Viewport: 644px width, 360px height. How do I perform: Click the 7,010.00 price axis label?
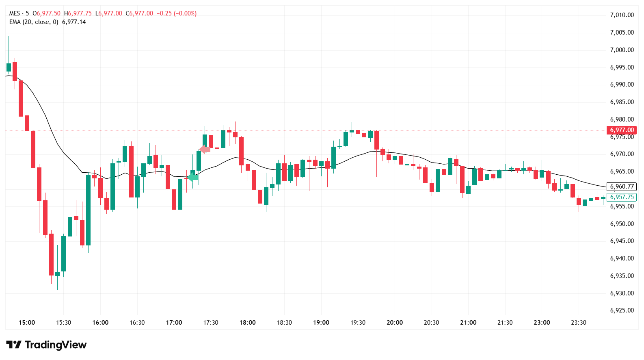[622, 15]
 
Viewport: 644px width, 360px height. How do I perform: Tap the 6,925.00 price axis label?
[622, 310]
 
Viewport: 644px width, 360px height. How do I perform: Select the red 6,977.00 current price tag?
[621, 130]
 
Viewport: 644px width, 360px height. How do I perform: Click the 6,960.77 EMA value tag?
[621, 187]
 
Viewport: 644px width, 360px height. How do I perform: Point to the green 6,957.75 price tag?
[621, 197]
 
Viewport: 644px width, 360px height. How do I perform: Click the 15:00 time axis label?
[27, 323]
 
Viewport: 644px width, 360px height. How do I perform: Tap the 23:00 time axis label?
[542, 323]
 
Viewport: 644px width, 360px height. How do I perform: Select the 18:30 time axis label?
[284, 323]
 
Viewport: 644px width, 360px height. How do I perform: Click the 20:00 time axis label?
[395, 323]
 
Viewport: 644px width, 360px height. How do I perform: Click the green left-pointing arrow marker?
[192, 177]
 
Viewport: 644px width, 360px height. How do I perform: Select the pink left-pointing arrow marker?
[205, 149]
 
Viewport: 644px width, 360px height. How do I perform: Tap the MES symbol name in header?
[15, 13]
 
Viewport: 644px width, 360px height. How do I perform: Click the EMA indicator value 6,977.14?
[74, 22]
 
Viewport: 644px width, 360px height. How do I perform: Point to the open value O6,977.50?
[46, 13]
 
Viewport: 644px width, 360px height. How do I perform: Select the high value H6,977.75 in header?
[78, 13]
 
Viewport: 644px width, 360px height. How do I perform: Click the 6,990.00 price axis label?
[622, 85]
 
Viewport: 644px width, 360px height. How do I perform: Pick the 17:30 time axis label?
[211, 323]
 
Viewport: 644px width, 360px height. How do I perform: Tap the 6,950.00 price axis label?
[622, 224]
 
